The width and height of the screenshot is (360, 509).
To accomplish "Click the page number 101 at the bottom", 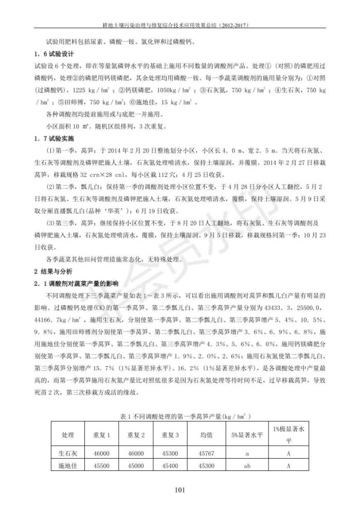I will pyautogui.click(x=179, y=490).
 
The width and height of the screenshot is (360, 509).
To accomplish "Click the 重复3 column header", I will pyautogui.click(x=170, y=434).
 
